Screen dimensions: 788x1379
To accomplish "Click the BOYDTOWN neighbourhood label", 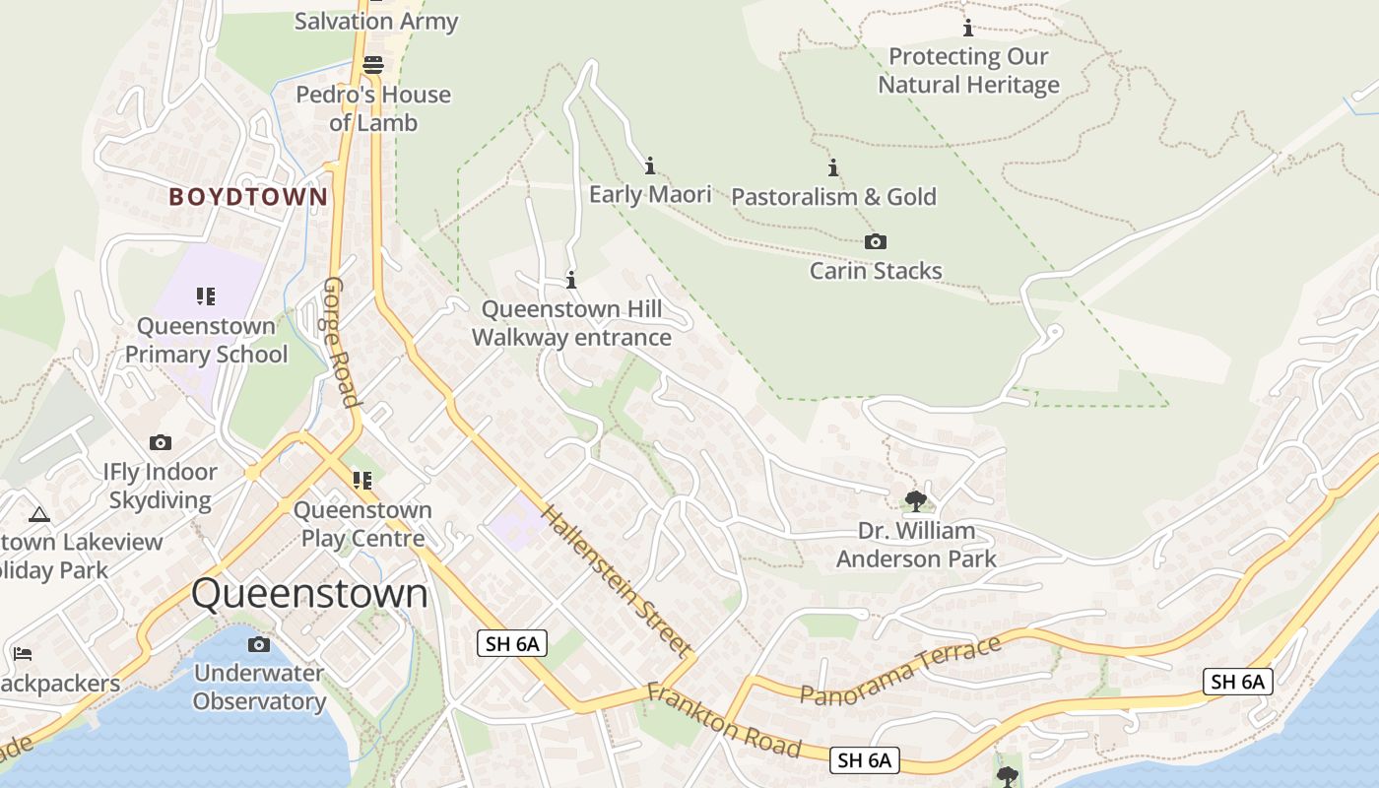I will tap(248, 197).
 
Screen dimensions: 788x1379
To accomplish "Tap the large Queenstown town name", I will tap(309, 594).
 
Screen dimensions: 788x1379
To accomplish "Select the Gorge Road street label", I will tap(340, 341).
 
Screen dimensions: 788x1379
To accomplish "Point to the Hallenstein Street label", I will tap(615, 581).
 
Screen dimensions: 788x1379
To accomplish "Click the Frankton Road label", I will tap(724, 720).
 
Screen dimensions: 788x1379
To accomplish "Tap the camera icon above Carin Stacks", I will tap(875, 242).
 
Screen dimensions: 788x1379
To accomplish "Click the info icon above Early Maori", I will tap(649, 165).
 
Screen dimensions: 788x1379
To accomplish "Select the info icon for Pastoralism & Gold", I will tap(833, 168).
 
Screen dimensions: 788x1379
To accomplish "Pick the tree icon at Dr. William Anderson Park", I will tap(916, 500).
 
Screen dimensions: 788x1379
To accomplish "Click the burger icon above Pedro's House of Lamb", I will tap(373, 66).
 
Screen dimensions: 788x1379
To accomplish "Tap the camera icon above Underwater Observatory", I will tap(259, 644).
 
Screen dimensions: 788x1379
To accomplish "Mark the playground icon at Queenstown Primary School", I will tap(205, 295).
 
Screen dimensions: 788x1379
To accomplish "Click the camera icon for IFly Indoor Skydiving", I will tap(161, 443).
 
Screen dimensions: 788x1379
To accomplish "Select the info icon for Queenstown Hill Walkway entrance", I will tap(571, 281).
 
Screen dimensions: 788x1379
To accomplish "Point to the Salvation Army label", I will tap(376, 21).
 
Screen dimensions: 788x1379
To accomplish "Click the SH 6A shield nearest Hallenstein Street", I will tap(512, 644).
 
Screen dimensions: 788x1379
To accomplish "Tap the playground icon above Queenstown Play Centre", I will tap(362, 480).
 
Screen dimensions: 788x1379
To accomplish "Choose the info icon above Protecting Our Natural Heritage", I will tap(968, 28).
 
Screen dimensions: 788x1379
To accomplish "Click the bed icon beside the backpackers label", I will tap(23, 654).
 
